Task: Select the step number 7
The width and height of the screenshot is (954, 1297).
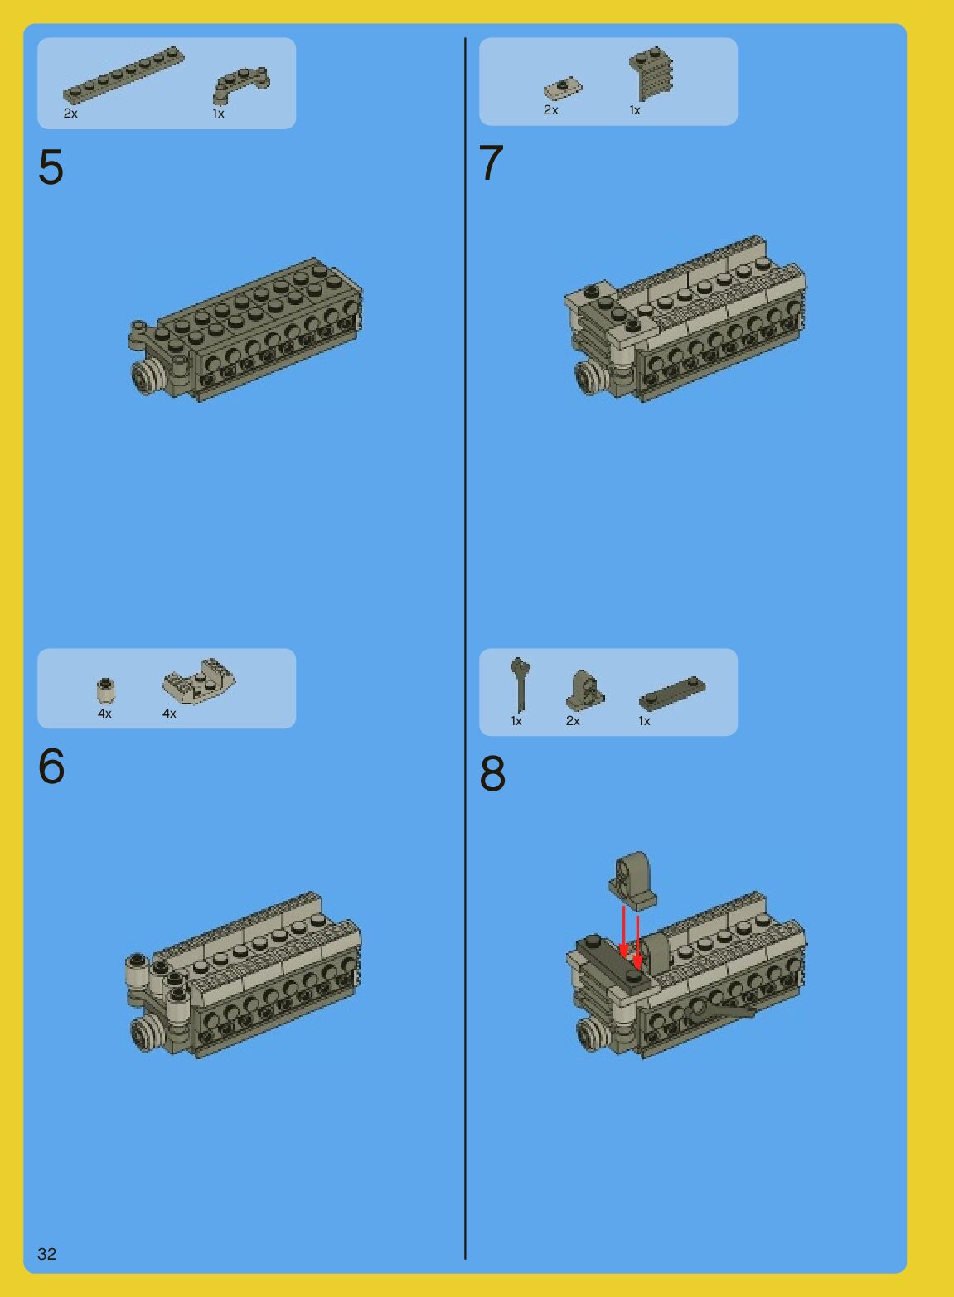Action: tap(492, 162)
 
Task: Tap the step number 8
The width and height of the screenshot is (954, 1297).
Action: tap(492, 773)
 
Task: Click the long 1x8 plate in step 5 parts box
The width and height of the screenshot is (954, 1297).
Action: tap(123, 75)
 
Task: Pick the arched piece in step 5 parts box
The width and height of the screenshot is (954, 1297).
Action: tap(241, 85)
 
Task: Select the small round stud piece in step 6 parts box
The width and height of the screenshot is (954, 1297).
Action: tap(105, 691)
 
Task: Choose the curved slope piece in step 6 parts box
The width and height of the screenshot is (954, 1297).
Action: tap(199, 681)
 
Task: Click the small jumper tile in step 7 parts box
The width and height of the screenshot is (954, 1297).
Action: tap(563, 89)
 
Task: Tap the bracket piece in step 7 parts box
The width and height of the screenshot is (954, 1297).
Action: tap(651, 74)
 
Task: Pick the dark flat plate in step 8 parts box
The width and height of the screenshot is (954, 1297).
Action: tap(672, 693)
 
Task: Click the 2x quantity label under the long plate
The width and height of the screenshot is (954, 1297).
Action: tap(70, 114)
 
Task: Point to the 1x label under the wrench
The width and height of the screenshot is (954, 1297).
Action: tap(516, 721)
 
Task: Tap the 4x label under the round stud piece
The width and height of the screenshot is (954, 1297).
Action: tap(104, 714)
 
